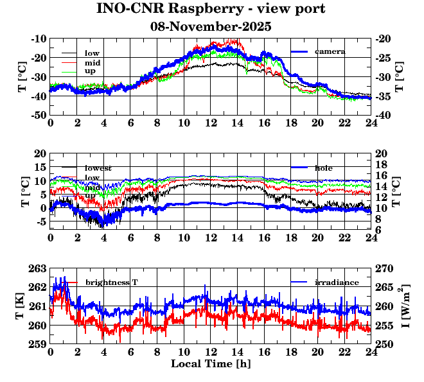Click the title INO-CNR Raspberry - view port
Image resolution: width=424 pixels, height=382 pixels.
[x=211, y=9]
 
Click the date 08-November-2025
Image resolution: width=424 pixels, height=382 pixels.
[x=211, y=27]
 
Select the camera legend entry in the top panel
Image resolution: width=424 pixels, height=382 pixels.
[x=330, y=51]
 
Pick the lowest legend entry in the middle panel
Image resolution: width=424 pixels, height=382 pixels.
[x=98, y=168]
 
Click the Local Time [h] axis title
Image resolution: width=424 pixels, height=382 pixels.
[x=211, y=363]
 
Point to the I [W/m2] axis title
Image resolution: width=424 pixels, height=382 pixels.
[x=406, y=306]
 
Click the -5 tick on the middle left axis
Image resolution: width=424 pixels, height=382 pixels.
[x=40, y=221]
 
